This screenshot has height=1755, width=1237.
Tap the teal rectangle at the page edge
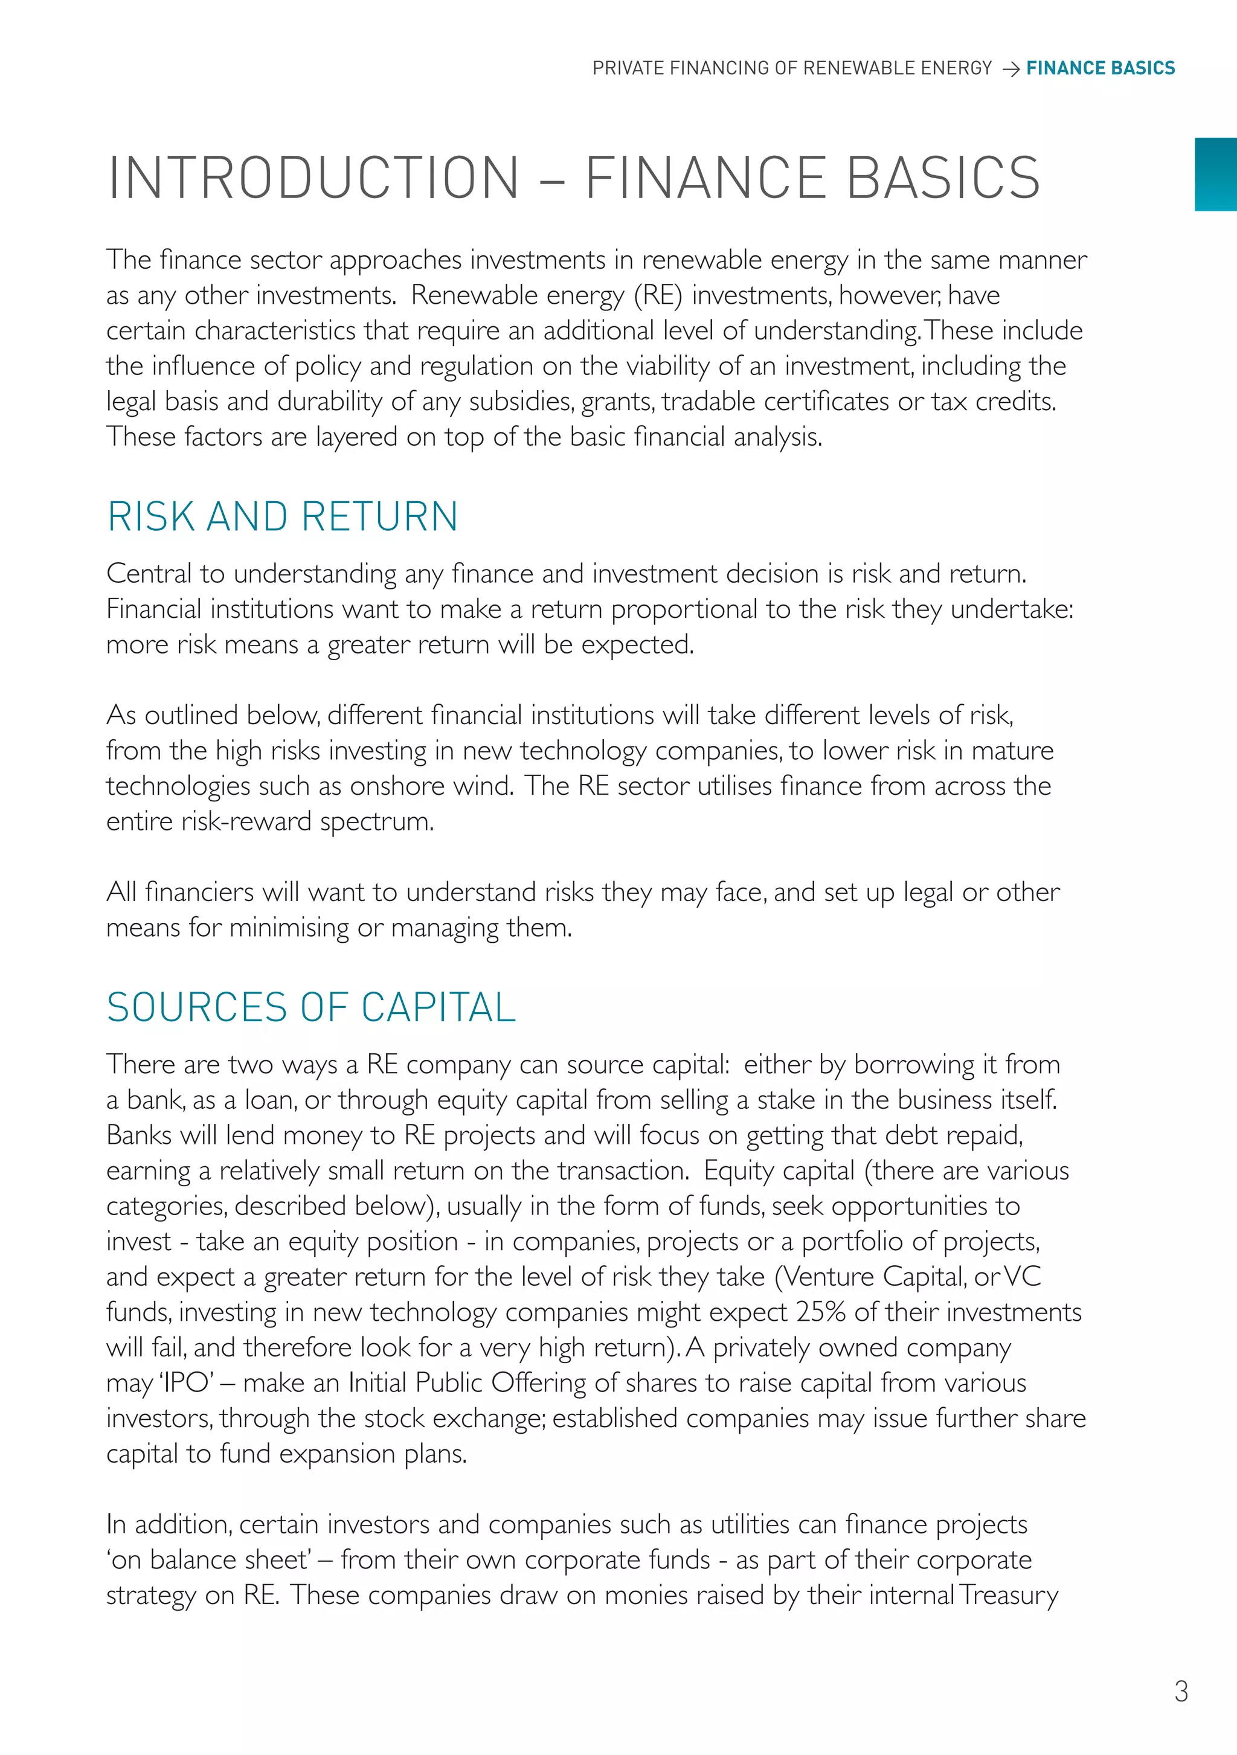[x=1216, y=175]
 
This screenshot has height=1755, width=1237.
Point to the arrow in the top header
[x=1010, y=69]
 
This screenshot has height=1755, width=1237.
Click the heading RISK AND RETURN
[x=282, y=517]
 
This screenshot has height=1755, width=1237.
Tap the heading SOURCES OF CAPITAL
[x=311, y=1007]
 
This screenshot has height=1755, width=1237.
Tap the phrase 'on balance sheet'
[x=208, y=1560]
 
